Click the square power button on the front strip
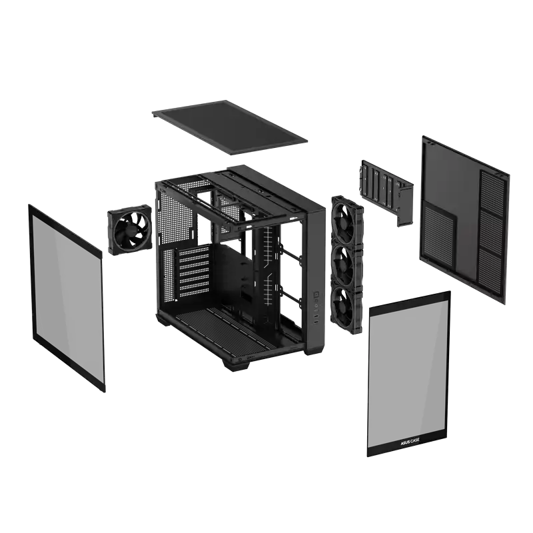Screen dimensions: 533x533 pos(318,293)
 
